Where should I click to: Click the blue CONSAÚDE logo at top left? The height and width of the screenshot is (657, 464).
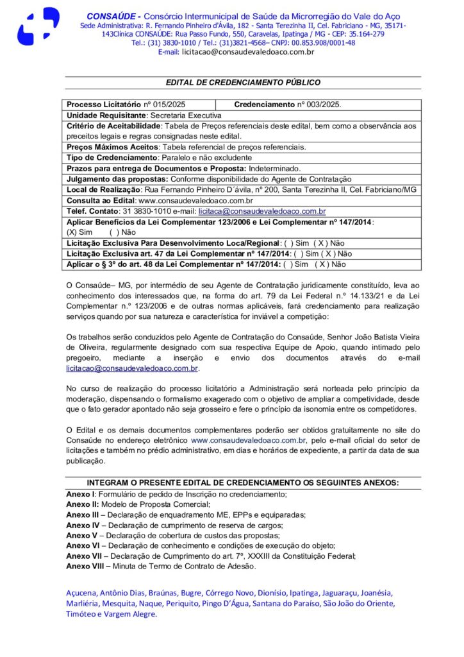[38, 26]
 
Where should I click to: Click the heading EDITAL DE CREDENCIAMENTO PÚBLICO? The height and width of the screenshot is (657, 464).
[243, 83]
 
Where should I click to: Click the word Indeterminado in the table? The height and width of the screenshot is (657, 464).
[276, 167]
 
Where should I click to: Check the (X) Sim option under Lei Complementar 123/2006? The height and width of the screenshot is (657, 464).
[79, 232]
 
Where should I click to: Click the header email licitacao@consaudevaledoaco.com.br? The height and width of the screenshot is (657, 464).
[248, 51]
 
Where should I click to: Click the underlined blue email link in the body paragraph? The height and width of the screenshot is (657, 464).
[131, 369]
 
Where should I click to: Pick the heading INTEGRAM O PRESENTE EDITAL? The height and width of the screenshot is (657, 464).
[243, 482]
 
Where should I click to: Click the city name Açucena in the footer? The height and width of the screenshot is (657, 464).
[81, 592]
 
